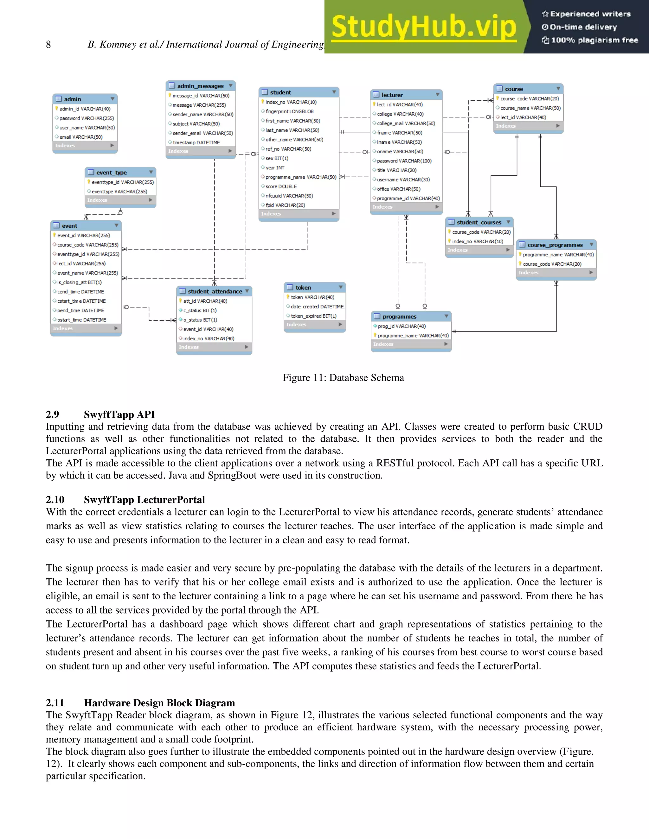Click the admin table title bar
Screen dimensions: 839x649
85,99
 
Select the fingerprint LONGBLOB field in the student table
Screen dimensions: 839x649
289,111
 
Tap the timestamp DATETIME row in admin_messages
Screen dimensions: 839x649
196,142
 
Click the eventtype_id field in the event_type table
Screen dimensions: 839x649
122,182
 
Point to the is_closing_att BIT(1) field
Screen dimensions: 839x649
80,282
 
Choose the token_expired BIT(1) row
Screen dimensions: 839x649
313,316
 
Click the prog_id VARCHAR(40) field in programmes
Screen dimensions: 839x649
402,326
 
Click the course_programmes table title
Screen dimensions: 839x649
555,245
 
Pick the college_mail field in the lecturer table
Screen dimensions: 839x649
406,123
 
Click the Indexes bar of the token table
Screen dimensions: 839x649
314,325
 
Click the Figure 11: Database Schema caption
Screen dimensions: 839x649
343,378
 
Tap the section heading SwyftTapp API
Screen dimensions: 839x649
119,414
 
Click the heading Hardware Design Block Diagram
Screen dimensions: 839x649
159,703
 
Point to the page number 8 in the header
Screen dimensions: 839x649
48,45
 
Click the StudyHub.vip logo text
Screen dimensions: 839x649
423,27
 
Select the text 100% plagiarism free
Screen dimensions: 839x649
594,40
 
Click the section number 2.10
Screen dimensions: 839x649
55,500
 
